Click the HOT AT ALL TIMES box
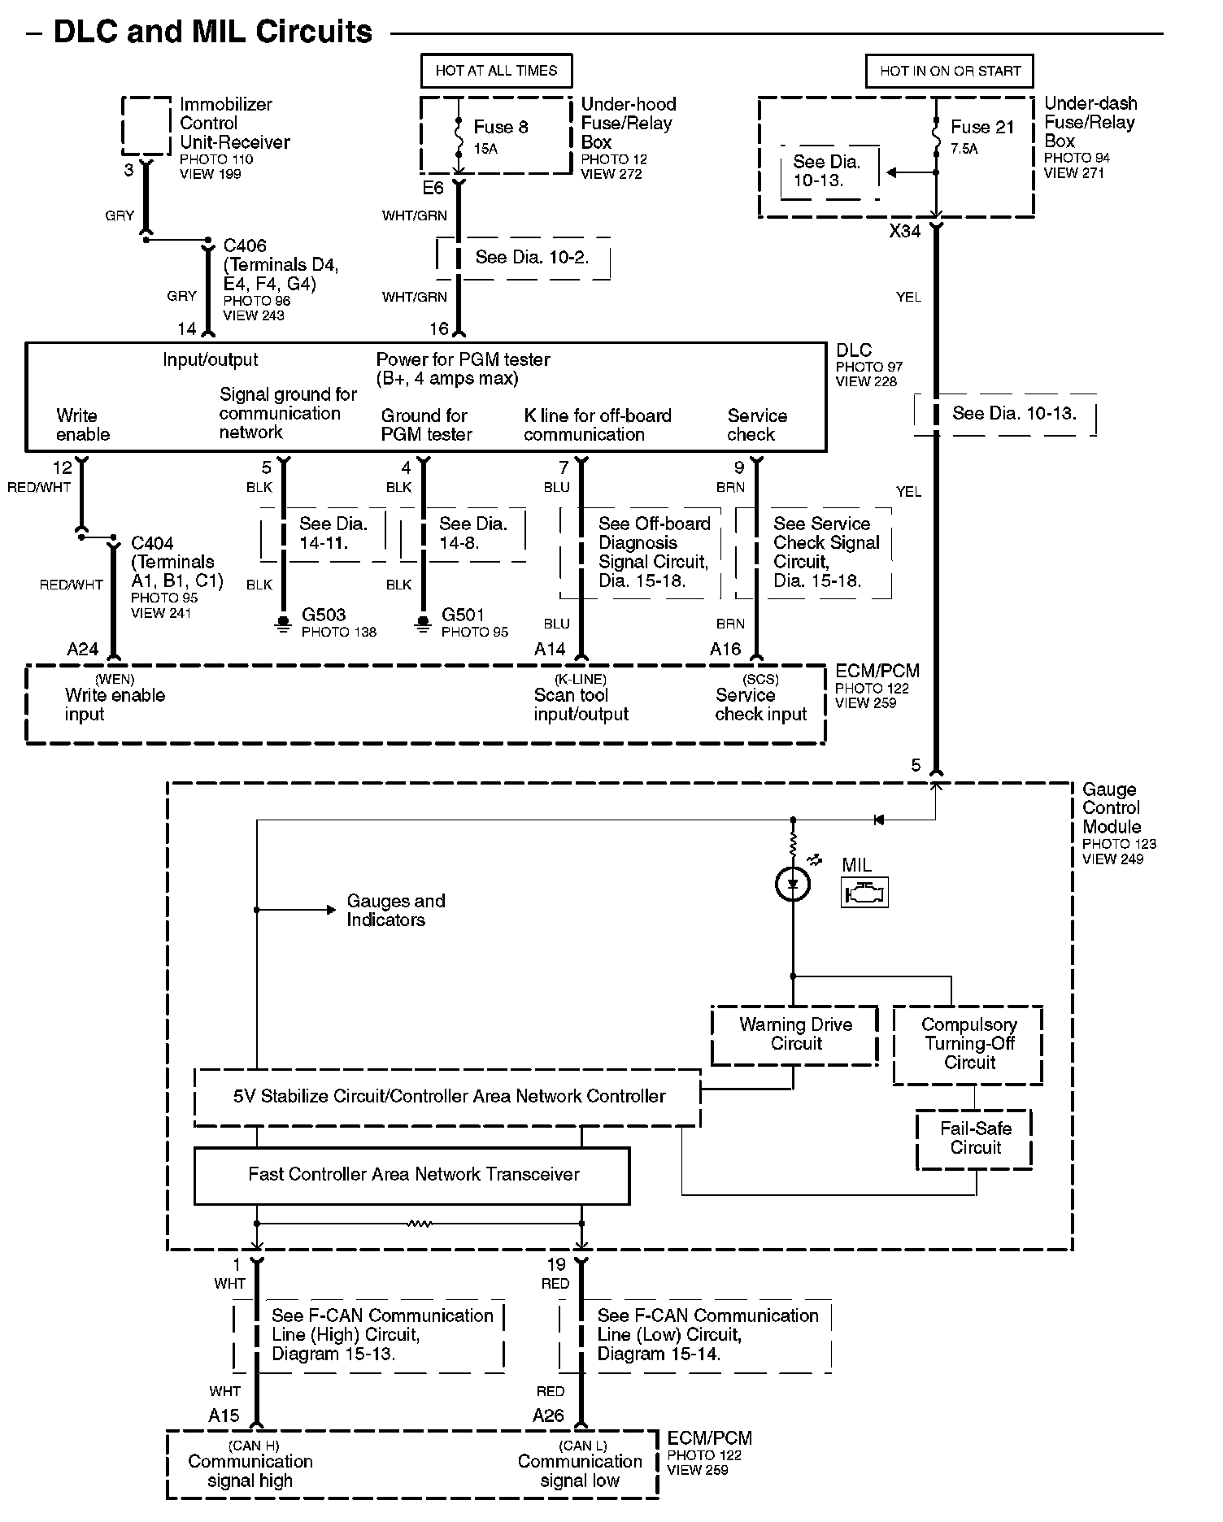(x=496, y=71)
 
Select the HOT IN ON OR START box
(x=950, y=71)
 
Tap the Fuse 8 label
(x=501, y=127)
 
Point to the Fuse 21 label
(x=982, y=127)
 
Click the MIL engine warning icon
(x=864, y=893)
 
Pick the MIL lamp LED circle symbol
(x=794, y=884)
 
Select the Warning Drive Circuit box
(x=795, y=1035)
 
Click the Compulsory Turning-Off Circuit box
(x=968, y=1044)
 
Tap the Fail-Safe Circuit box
(x=975, y=1138)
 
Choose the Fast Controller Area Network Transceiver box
(x=412, y=1175)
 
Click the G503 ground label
(x=323, y=615)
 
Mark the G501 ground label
(x=463, y=615)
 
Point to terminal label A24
(x=83, y=649)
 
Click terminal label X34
(x=904, y=231)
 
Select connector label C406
(x=245, y=246)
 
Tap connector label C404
(x=152, y=543)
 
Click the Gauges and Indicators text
(x=395, y=911)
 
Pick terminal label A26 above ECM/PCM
(x=548, y=1415)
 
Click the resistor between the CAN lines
(x=419, y=1223)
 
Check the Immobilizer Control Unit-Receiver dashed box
(x=146, y=125)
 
